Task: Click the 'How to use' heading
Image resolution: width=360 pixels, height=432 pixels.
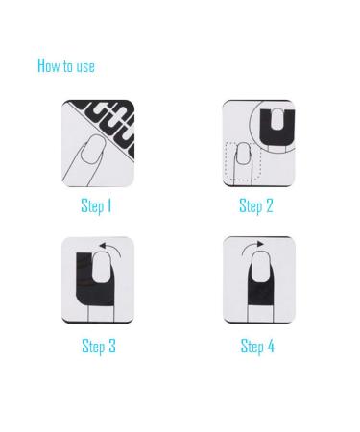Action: point(66,65)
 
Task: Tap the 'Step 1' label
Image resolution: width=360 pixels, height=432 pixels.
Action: point(96,205)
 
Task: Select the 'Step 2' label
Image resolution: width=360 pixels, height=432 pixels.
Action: point(256,205)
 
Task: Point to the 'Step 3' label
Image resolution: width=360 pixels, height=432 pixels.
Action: point(99,346)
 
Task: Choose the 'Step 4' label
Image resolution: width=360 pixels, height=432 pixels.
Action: point(257,346)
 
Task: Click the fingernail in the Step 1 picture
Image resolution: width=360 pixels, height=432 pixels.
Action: point(92,150)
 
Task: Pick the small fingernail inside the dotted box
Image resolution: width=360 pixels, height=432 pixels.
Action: point(243,154)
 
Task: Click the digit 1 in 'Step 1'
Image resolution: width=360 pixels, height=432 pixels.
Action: point(109,205)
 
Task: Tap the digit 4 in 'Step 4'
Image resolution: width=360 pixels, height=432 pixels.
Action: point(271,346)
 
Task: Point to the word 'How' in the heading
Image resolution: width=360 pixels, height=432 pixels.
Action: point(49,65)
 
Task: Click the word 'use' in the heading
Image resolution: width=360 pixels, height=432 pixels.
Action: point(85,66)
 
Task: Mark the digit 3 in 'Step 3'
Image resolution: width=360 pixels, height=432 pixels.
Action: point(111,346)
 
